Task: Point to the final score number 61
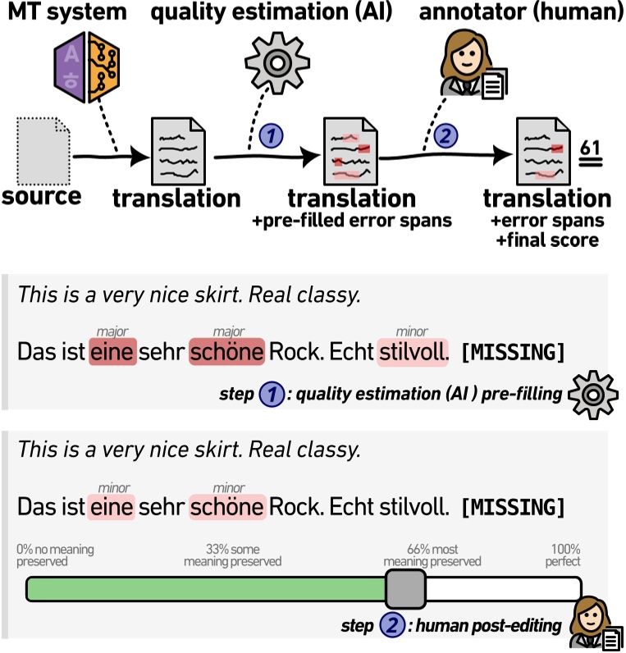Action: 590,151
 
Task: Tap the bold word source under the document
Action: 41,196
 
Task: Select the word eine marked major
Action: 112,352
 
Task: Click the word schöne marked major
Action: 227,352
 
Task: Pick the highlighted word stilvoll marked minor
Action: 413,352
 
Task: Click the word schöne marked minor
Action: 227,507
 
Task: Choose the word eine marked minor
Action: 112,507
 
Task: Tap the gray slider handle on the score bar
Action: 405,589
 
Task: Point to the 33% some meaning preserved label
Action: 232,555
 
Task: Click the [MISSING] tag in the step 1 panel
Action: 514,353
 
